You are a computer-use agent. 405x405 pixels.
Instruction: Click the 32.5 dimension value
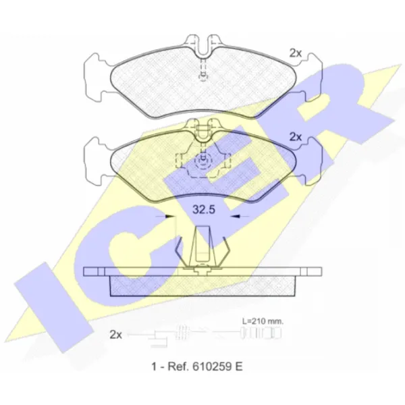[x=204, y=209]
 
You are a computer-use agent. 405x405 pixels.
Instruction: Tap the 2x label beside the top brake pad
[x=296, y=53]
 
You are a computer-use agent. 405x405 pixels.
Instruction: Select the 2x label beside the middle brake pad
[x=296, y=137]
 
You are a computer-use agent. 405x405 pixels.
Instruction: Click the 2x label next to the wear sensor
[x=115, y=335]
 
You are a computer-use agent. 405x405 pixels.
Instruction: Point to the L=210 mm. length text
[x=263, y=321]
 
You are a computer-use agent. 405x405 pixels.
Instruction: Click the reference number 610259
[x=210, y=367]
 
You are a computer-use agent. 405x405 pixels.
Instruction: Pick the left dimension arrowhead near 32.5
[x=170, y=216]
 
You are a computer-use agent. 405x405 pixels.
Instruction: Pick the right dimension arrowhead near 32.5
[x=236, y=216]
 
